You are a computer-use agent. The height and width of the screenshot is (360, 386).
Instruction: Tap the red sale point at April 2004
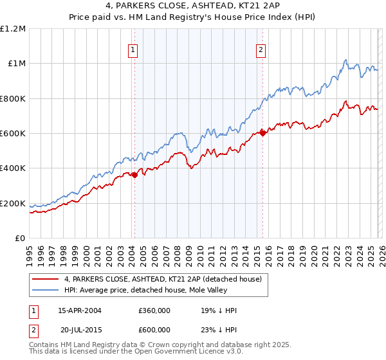click(134, 175)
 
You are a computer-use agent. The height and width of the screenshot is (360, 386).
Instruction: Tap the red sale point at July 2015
click(263, 134)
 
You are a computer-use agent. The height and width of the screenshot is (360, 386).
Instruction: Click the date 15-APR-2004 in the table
click(80, 310)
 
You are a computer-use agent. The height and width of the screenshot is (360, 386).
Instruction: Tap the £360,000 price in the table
click(154, 310)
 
